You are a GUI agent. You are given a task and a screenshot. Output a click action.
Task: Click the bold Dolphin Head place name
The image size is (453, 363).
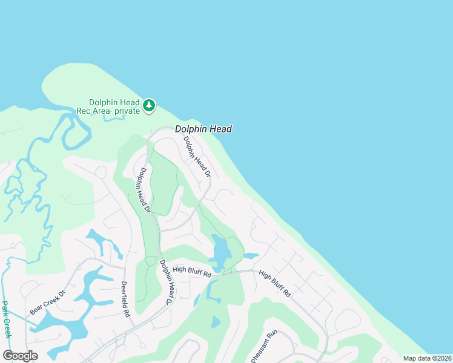coord(203,129)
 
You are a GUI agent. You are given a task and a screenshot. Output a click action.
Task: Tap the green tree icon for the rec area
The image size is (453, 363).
coord(149,106)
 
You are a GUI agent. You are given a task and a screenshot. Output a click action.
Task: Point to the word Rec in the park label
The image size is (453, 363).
coord(83,111)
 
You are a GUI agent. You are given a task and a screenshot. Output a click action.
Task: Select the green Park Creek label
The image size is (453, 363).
coord(7,319)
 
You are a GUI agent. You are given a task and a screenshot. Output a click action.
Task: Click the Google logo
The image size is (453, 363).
coord(21,356)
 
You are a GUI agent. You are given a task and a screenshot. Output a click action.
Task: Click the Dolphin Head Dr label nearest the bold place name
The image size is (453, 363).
coord(197,156)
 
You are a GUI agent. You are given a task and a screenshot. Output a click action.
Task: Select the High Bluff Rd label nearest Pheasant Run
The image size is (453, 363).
coord(274,283)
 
